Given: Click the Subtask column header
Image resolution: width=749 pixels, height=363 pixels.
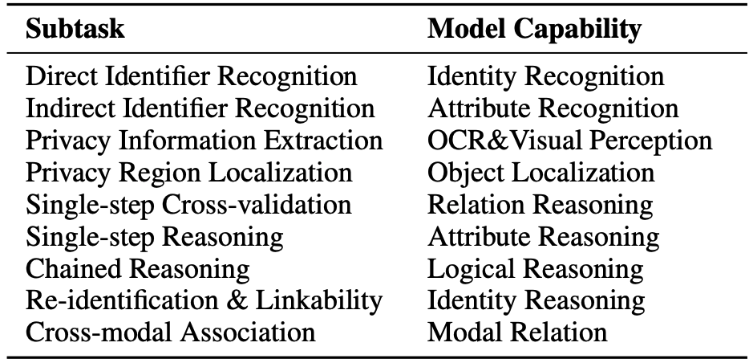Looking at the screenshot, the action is click(x=75, y=29).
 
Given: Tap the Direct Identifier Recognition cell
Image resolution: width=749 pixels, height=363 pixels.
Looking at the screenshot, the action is click(x=191, y=76).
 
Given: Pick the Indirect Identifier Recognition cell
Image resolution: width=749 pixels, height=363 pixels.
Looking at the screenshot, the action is click(x=200, y=108).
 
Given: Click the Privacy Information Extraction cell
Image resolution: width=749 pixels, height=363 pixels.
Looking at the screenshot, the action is click(x=204, y=141).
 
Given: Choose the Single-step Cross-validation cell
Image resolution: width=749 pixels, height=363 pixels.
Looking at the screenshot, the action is click(x=188, y=205).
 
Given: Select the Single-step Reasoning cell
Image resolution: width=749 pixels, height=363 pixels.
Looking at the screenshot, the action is click(x=154, y=237).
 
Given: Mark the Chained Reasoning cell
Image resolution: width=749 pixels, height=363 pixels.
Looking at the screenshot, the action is click(x=138, y=269).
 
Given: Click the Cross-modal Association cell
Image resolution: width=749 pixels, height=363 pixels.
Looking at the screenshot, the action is click(x=171, y=332).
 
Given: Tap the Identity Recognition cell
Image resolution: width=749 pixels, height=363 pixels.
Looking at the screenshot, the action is click(x=545, y=77).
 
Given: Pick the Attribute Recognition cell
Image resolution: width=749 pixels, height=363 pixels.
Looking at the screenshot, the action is click(x=553, y=109).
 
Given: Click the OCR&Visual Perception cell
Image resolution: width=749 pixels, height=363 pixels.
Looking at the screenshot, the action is click(x=570, y=141).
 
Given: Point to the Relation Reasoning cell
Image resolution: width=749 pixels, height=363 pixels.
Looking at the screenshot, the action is click(x=540, y=205).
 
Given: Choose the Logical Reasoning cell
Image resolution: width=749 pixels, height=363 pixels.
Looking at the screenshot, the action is click(x=535, y=269).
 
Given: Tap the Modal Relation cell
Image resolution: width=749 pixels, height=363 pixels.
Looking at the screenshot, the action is click(x=517, y=332).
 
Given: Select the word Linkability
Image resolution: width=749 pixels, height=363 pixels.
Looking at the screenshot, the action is click(x=318, y=301).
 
